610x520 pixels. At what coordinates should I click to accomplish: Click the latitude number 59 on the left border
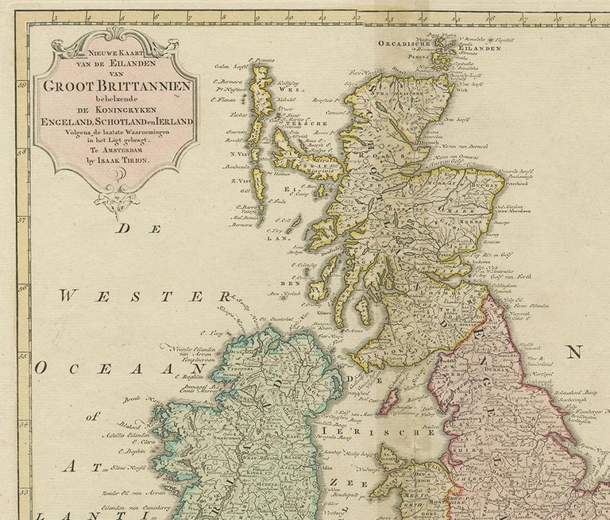(36, 87)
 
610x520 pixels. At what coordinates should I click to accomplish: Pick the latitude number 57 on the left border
(36, 220)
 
